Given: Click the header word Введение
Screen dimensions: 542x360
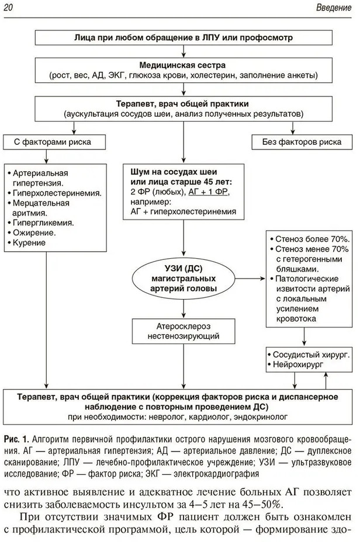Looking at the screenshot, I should (x=334, y=8).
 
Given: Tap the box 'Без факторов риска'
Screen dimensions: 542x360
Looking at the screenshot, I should (x=302, y=142).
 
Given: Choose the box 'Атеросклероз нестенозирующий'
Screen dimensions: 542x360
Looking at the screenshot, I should (x=183, y=331).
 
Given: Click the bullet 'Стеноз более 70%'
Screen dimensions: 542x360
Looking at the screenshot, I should (x=311, y=239).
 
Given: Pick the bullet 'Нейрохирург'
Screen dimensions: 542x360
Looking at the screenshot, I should (x=300, y=364).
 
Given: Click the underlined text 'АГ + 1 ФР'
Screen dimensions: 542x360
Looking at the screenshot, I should (x=209, y=192).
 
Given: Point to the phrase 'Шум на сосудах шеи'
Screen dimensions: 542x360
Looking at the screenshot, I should (x=174, y=172).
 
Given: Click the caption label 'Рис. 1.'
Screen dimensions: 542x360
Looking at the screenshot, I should (x=16, y=439).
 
